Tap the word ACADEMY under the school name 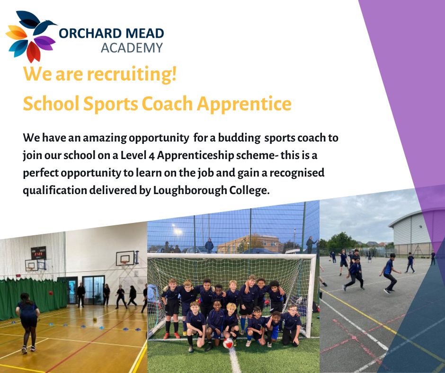pyautogui.click(x=132, y=48)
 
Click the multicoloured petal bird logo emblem pyautogui.click(x=29, y=36)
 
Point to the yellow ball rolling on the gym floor pyautogui.click(x=95, y=320)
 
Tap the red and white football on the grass pyautogui.click(x=228, y=343)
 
